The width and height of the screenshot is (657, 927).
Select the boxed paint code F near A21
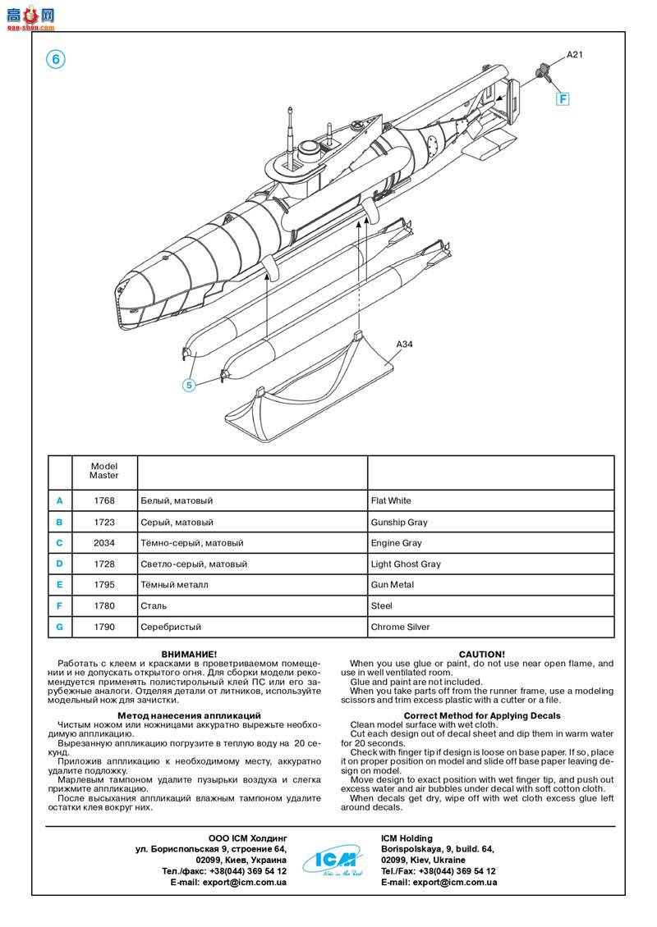coord(563,99)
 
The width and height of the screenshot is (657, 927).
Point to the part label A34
coord(405,344)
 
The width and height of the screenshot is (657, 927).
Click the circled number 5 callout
coord(191,385)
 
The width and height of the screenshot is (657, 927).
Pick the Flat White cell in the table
coord(391,500)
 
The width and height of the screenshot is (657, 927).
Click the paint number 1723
coord(104,522)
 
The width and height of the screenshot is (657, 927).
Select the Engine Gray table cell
coord(397,543)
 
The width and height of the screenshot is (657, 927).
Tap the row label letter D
coord(59,564)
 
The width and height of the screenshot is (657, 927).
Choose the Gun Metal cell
coord(393,585)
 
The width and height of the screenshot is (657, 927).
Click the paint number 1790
coord(104,628)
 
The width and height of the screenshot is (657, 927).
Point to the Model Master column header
coord(104,471)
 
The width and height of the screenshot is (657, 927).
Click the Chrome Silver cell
coord(400,628)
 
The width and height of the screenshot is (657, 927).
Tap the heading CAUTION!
coord(482,655)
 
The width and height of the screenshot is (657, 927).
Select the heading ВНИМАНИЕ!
coord(190,655)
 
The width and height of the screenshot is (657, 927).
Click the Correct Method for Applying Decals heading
coord(482,716)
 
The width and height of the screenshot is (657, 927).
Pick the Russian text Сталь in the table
coord(154,606)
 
